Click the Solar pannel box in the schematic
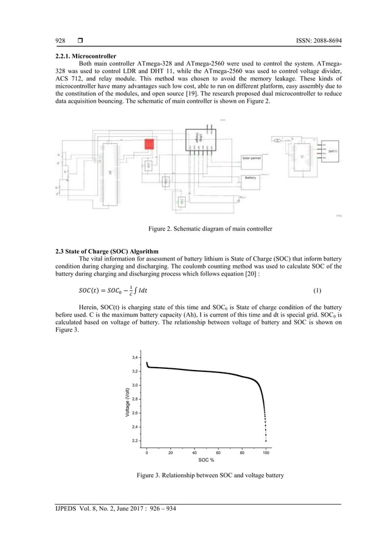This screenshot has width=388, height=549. [x=252, y=158]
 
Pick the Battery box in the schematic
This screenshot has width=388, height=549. [x=251, y=178]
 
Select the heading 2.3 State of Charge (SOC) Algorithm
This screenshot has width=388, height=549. [x=104, y=251]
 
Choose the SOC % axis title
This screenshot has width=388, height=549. [x=206, y=460]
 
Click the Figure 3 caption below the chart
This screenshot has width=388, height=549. [x=210, y=475]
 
